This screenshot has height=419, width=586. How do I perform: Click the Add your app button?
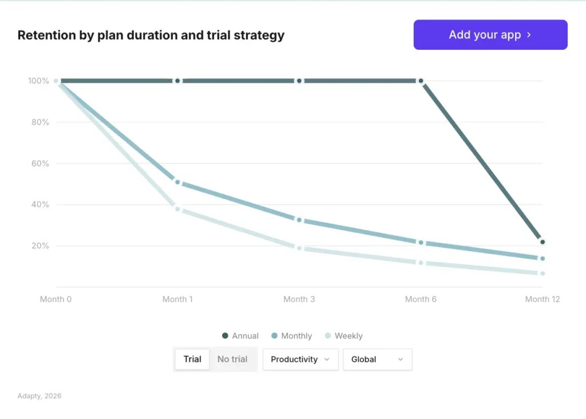[x=490, y=35]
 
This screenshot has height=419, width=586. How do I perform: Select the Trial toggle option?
[x=192, y=359]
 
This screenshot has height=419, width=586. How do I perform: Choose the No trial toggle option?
[x=232, y=359]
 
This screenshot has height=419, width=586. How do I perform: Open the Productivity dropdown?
[x=300, y=359]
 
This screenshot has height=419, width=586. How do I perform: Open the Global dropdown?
[x=377, y=359]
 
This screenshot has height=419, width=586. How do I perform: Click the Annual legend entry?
[x=240, y=336]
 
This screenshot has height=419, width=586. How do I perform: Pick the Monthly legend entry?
[x=292, y=336]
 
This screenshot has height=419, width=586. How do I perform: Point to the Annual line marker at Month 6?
[x=421, y=81]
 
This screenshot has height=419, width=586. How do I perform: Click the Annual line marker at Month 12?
[x=543, y=242]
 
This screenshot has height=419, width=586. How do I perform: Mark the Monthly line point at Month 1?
[x=177, y=182]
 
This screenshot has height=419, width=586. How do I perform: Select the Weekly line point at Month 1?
[x=177, y=209]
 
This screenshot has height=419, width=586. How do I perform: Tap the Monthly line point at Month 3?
[x=299, y=220]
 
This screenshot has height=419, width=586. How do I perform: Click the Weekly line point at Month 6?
[x=421, y=263]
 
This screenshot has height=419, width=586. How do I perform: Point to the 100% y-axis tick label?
[x=38, y=81]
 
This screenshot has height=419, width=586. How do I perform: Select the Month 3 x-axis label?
[x=299, y=299]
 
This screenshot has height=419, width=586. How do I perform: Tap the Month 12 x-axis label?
[x=543, y=299]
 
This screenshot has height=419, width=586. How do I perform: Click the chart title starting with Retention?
[x=151, y=35]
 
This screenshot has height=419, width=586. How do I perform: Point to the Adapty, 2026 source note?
[x=39, y=396]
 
